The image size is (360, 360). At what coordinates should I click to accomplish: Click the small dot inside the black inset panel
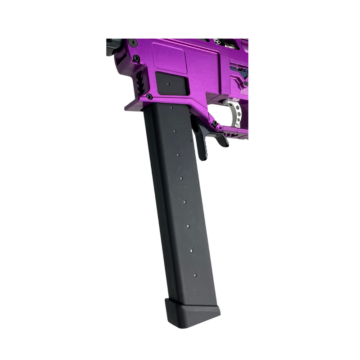(x=167, y=84)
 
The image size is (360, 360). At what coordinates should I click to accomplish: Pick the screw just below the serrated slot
(x=149, y=96)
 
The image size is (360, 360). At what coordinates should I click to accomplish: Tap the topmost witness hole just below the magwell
(x=171, y=108)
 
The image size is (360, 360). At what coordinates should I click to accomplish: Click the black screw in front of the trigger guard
(x=215, y=123)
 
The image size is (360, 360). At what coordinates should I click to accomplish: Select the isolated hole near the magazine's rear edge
(x=191, y=140)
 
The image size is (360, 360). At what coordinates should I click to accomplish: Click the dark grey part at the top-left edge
(x=110, y=45)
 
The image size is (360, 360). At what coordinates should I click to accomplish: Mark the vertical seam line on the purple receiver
(x=220, y=72)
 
